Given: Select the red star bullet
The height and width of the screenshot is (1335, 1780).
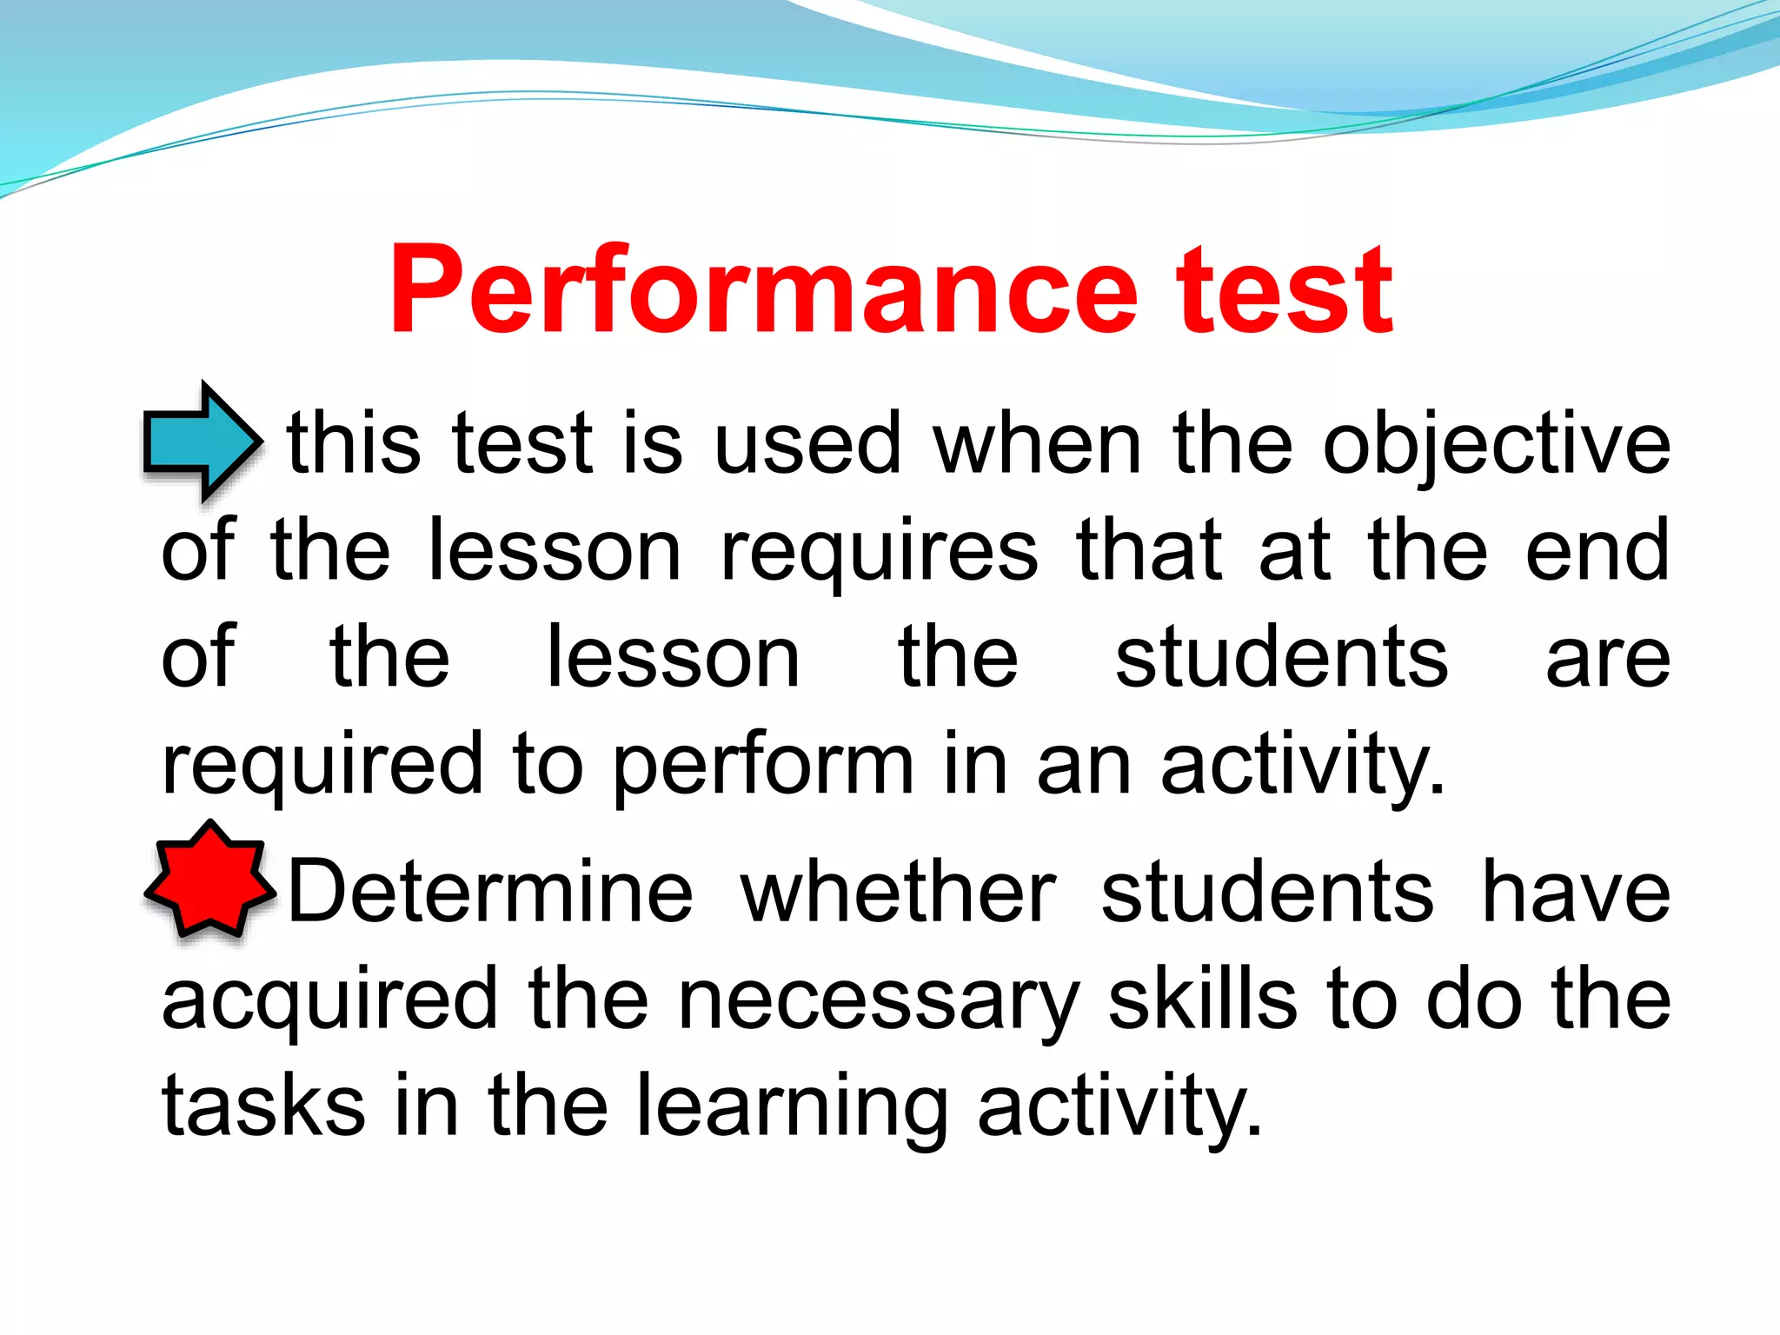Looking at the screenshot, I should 210,880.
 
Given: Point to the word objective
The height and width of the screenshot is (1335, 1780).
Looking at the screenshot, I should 1495,445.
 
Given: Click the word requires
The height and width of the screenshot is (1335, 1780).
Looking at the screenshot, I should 879,553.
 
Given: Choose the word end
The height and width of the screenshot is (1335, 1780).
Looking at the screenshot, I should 1597,551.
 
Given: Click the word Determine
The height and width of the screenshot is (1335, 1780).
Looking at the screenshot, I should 490,893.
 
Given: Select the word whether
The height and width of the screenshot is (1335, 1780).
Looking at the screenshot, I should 898,893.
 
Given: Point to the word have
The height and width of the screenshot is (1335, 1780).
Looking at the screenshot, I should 1575,893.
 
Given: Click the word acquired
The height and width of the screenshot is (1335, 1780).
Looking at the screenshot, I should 329,1001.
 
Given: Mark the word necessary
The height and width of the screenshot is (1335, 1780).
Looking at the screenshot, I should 878,1001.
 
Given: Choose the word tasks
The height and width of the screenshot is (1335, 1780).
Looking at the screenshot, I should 263,1106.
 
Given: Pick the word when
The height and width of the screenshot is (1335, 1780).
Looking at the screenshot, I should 1037,445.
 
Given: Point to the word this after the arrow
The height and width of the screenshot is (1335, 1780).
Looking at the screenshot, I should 354,445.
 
